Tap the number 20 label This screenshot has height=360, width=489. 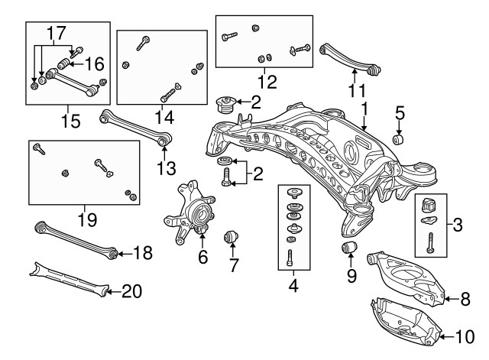[131, 290]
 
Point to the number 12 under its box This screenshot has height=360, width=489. [267, 79]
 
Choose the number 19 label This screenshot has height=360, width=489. [87, 221]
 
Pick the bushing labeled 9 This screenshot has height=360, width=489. [350, 248]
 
